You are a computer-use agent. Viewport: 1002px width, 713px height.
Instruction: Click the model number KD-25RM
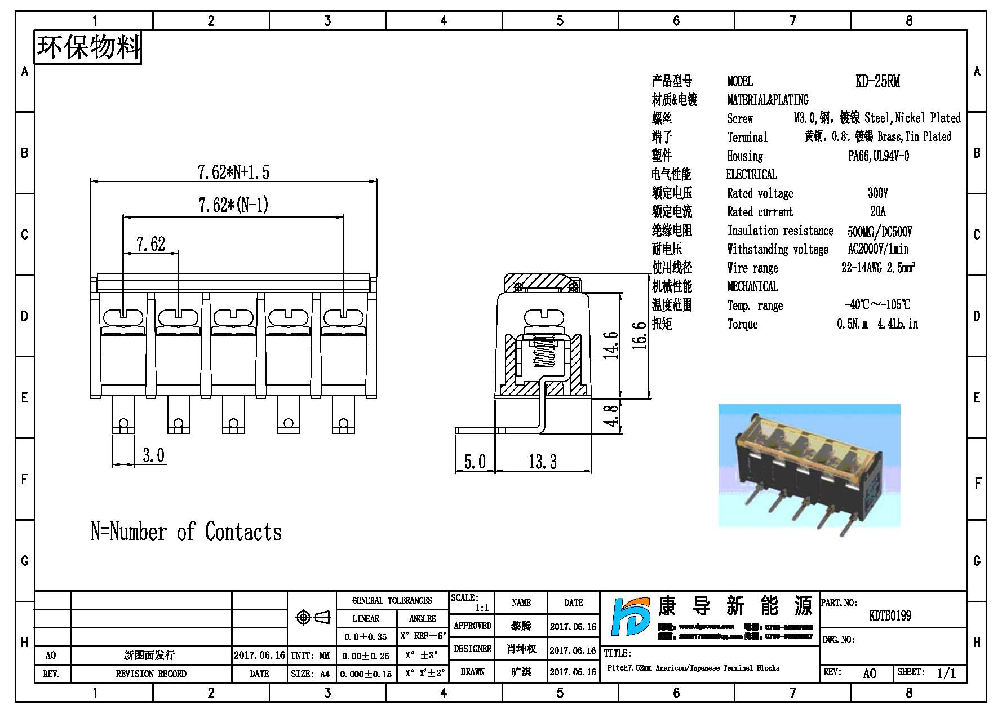click(877, 82)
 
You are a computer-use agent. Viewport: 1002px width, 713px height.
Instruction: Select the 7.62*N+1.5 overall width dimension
click(233, 172)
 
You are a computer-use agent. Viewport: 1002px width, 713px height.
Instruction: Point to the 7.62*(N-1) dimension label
click(233, 205)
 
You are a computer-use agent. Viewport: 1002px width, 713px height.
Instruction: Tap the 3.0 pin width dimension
click(153, 455)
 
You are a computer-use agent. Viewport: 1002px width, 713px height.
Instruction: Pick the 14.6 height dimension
click(611, 345)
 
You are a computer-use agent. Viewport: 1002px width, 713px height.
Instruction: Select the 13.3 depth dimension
click(542, 462)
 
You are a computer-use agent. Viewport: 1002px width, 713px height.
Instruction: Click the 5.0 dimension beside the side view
click(475, 462)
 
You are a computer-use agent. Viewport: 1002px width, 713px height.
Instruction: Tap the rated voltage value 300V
click(877, 193)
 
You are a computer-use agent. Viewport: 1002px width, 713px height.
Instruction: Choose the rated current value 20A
click(877, 212)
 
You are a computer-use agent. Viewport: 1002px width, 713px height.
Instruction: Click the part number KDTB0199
click(890, 615)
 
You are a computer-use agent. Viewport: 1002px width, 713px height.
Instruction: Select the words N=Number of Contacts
click(186, 532)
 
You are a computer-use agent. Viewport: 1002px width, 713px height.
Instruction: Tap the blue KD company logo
click(632, 618)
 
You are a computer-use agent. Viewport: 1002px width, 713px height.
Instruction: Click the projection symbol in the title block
click(312, 618)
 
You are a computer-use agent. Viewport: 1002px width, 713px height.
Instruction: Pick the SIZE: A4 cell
click(311, 674)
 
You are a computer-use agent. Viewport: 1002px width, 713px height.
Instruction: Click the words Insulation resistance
click(780, 231)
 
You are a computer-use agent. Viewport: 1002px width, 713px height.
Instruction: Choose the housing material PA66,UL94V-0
click(878, 156)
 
